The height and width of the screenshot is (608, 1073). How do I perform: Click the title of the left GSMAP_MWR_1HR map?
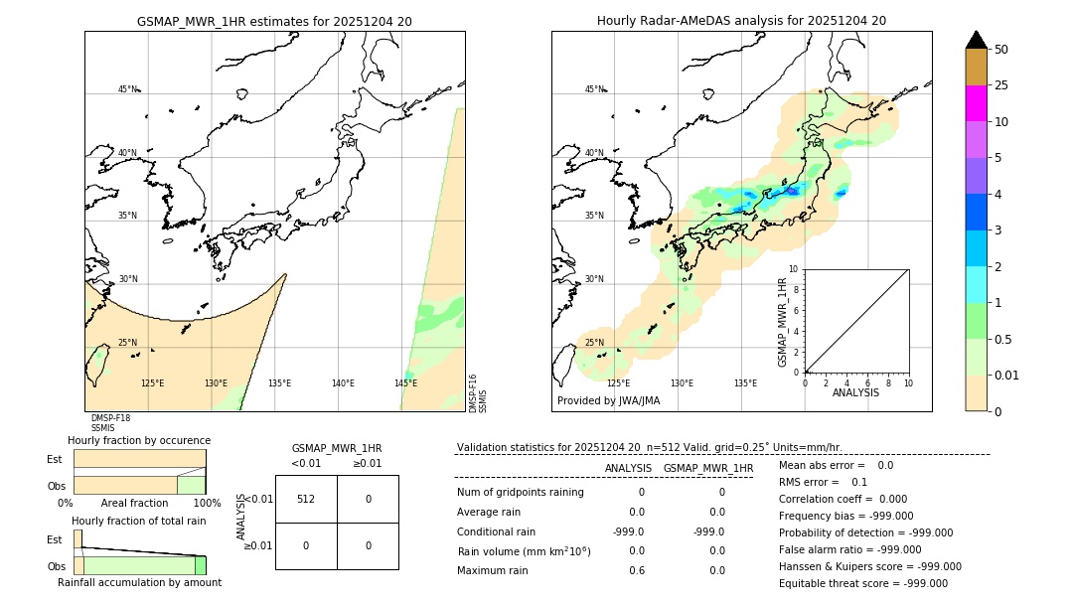pyautogui.click(x=274, y=20)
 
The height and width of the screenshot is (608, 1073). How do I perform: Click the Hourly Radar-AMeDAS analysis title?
pyautogui.click(x=741, y=20)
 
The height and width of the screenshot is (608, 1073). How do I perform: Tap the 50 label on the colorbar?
pyautogui.click(x=1001, y=50)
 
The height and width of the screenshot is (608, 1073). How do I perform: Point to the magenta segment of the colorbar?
pyautogui.click(x=976, y=103)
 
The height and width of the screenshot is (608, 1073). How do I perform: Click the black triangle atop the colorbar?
pyautogui.click(x=976, y=40)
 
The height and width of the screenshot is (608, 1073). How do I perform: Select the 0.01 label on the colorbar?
pyautogui.click(x=1007, y=375)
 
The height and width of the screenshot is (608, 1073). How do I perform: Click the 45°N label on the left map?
pyautogui.click(x=128, y=89)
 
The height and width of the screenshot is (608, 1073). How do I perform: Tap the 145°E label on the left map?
pyautogui.click(x=405, y=383)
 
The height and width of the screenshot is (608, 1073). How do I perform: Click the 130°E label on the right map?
pyautogui.click(x=682, y=383)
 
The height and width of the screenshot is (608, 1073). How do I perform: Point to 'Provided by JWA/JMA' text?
pyautogui.click(x=608, y=400)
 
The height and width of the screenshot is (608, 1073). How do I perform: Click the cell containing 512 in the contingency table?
pyautogui.click(x=306, y=499)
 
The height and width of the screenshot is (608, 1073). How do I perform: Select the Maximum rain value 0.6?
pyautogui.click(x=636, y=570)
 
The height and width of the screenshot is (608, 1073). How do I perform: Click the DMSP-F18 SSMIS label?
pyautogui.click(x=110, y=423)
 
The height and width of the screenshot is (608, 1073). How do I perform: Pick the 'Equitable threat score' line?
pyautogui.click(x=862, y=583)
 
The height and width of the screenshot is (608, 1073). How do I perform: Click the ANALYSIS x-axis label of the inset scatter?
pyautogui.click(x=854, y=392)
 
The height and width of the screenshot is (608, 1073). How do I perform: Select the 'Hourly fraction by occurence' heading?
pyautogui.click(x=139, y=440)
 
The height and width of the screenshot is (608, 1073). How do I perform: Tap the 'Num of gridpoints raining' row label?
pyautogui.click(x=520, y=492)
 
